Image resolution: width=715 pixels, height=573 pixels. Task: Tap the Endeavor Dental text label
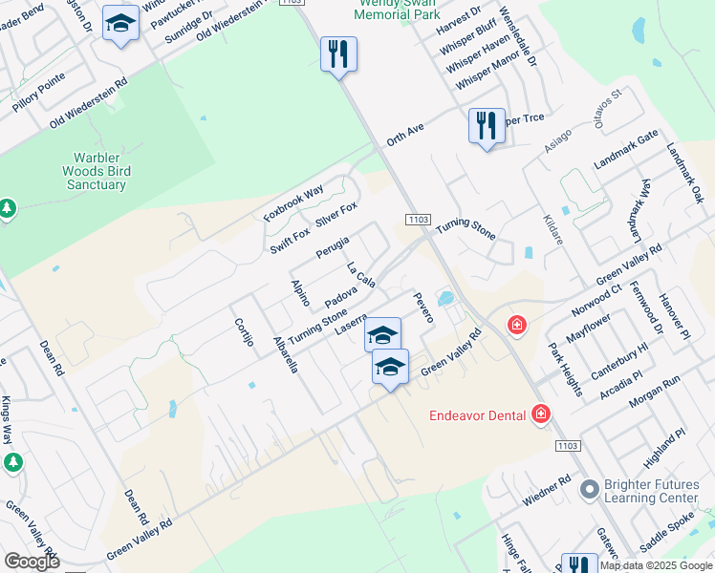(x=477, y=414)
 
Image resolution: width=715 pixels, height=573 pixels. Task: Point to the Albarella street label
(x=285, y=354)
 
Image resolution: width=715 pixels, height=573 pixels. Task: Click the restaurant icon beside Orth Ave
(x=487, y=125)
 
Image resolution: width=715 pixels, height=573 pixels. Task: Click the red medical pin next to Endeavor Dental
(x=541, y=414)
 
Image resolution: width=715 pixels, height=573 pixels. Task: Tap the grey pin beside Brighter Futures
(x=588, y=491)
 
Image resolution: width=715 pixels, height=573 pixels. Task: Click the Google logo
(x=32, y=562)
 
